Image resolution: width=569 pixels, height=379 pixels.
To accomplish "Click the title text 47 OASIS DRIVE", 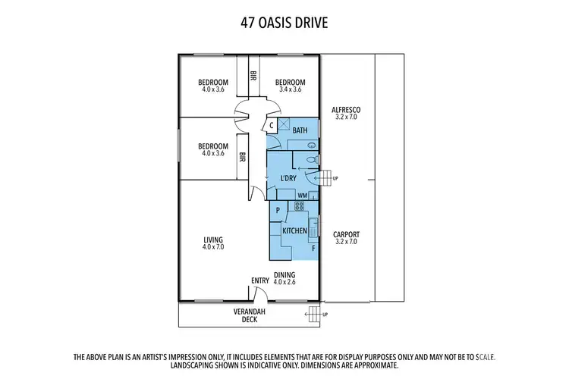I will tap(284, 23).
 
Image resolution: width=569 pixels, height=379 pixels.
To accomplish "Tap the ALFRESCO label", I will tap(345, 110).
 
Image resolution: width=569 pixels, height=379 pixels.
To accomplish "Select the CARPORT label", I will tap(346, 235).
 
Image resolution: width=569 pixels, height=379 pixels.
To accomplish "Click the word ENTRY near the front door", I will tap(259, 281).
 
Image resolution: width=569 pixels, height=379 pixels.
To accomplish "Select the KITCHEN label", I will tap(294, 230).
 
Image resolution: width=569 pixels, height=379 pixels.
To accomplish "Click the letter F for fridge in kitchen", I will tap(313, 248).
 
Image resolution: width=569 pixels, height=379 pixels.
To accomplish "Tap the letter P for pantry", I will tap(278, 210).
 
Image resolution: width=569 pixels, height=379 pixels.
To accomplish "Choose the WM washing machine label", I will tap(302, 196).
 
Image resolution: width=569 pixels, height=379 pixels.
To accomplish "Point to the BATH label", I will tap(300, 131).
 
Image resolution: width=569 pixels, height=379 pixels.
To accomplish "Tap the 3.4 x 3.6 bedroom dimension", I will tap(290, 89).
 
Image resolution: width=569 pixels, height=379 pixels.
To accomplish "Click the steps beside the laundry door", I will tap(326, 179).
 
